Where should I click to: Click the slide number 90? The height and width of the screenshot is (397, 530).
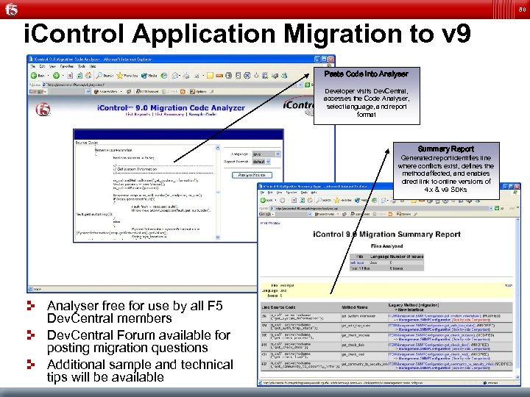(x=521, y=9)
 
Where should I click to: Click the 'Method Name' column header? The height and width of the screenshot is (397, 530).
(x=354, y=307)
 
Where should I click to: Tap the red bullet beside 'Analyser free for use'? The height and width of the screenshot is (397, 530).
(x=32, y=304)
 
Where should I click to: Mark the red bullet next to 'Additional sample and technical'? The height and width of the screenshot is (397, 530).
(x=32, y=363)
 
